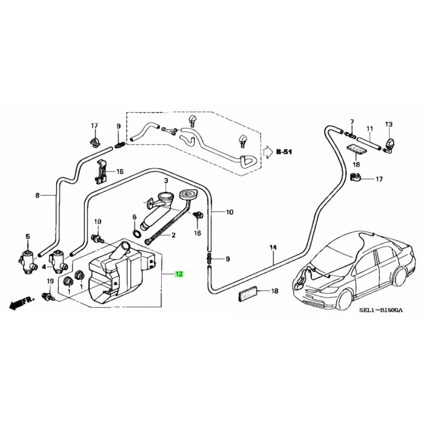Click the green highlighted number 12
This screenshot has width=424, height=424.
pyautogui.click(x=179, y=274)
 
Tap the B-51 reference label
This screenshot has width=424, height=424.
pyautogui.click(x=284, y=151)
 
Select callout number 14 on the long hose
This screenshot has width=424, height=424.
pyautogui.click(x=273, y=248)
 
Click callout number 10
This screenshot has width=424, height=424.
pyautogui.click(x=230, y=213)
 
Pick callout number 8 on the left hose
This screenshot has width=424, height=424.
pyautogui.click(x=37, y=196)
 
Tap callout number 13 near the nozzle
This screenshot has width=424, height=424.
pyautogui.click(x=389, y=124)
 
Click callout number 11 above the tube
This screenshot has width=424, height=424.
pyautogui.click(x=368, y=130)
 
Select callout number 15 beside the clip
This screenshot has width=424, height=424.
pyautogui.click(x=119, y=171)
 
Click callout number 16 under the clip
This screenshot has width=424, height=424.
pyautogui.click(x=197, y=233)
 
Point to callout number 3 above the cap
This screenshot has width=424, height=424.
pyautogui.click(x=165, y=180)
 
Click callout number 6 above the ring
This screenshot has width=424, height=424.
pyautogui.click(x=134, y=216)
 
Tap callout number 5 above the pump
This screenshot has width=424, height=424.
pyautogui.click(x=27, y=236)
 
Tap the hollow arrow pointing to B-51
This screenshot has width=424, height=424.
pyautogui.click(x=267, y=152)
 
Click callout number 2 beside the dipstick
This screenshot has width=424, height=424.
pyautogui.click(x=173, y=235)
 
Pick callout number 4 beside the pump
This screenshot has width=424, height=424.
pyautogui.click(x=44, y=267)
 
